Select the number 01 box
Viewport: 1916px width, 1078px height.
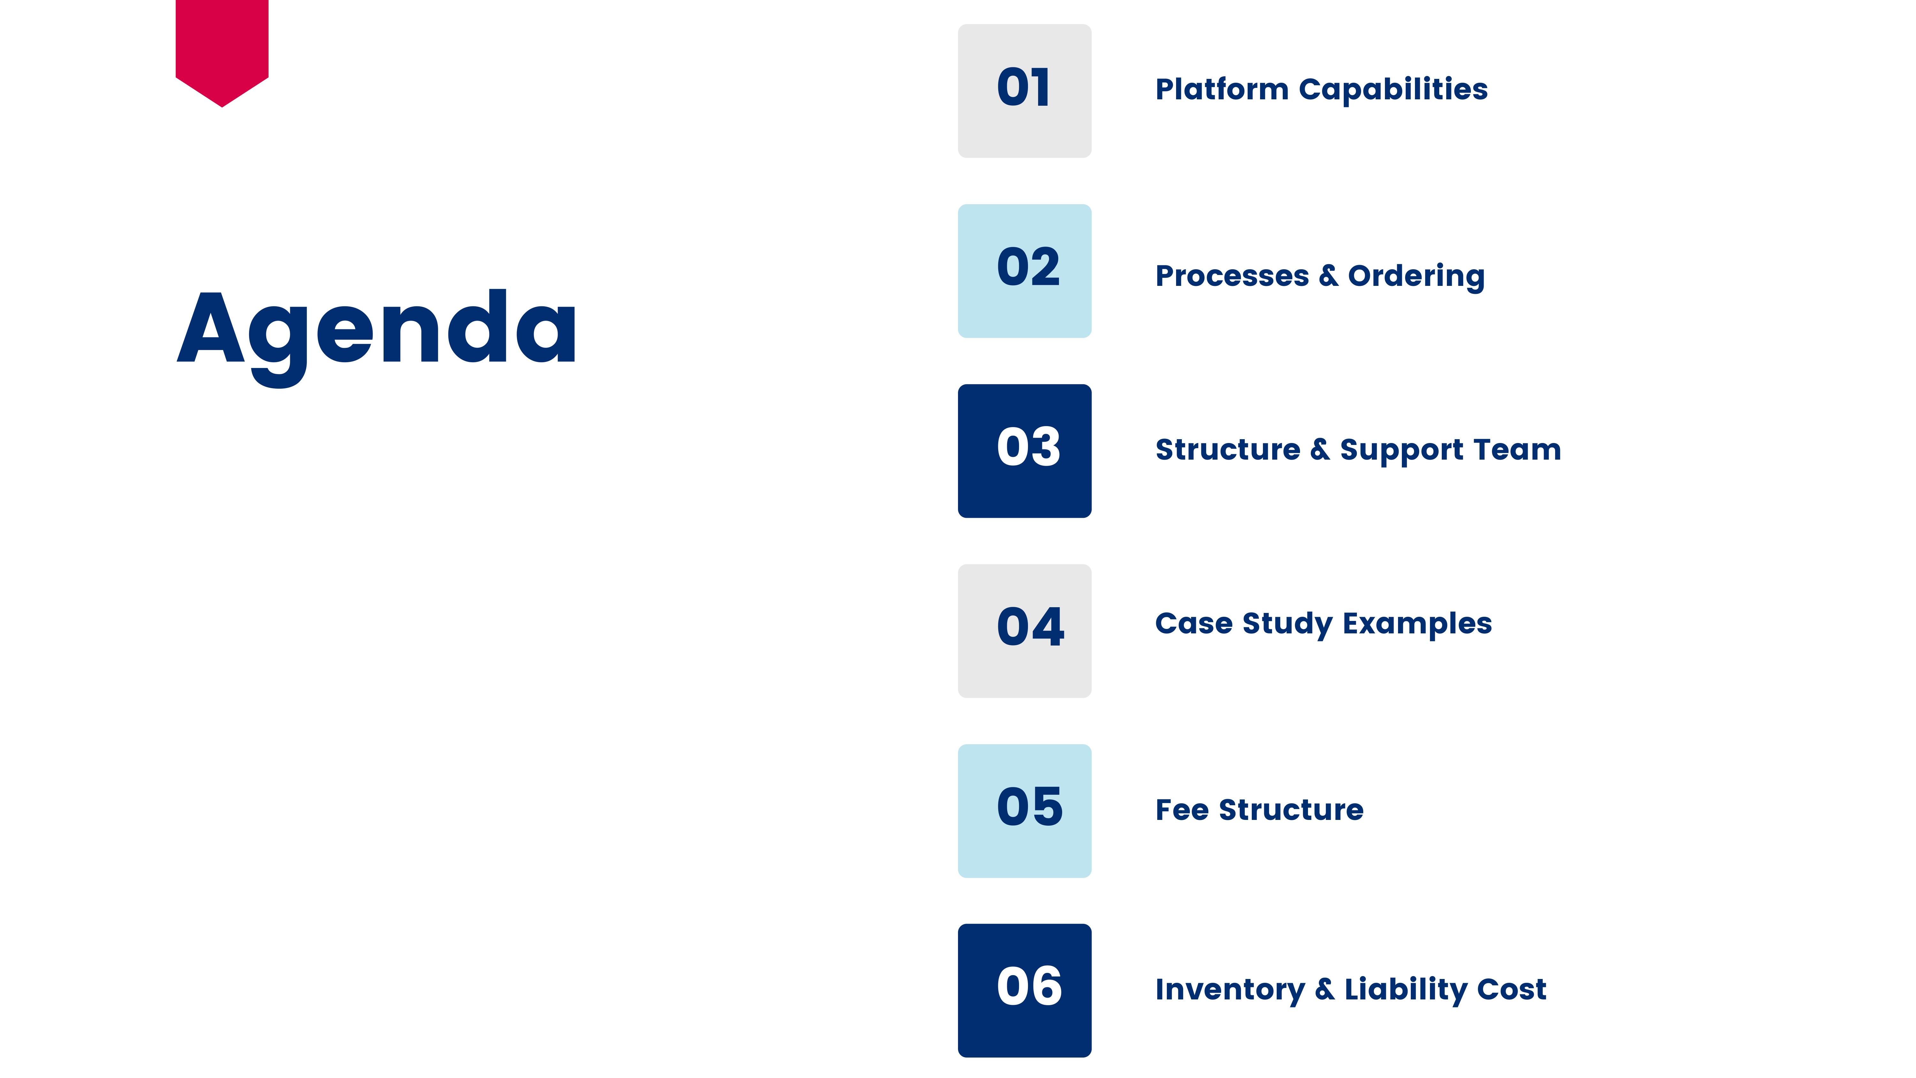[x=1024, y=91]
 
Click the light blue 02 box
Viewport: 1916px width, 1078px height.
[x=1024, y=271]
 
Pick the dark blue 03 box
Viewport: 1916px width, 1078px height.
[x=1024, y=451]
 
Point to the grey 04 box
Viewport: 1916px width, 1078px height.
[x=1024, y=631]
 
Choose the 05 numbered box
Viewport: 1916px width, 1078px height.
[x=1024, y=811]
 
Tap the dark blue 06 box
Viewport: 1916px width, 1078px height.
[x=1024, y=990]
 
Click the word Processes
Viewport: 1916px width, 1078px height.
[x=1232, y=276]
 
